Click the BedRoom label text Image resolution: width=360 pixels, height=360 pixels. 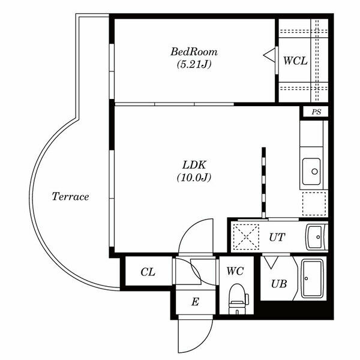[194, 52]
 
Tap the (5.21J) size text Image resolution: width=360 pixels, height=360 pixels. [194, 65]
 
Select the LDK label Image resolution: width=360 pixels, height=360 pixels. [194, 165]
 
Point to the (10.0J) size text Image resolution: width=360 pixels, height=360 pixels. [194, 178]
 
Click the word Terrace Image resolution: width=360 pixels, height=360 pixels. [70, 197]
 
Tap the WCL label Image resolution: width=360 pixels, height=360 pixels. [295, 61]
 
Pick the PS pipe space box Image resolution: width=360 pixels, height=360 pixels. [316, 112]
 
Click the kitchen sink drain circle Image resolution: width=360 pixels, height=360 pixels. [314, 171]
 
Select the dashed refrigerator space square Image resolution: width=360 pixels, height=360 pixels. [314, 203]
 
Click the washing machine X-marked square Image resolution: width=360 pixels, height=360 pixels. [246, 237]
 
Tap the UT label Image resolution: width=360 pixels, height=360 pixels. [277, 237]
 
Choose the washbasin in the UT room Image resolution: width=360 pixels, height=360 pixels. [316, 237]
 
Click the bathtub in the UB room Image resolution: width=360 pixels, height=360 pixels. [312, 278]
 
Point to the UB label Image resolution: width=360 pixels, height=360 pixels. [279, 284]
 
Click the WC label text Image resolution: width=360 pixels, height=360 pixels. [235, 271]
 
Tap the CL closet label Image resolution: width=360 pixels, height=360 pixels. [148, 272]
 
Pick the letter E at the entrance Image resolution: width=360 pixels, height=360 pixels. [195, 302]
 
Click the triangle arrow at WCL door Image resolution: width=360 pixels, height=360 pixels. [269, 55]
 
